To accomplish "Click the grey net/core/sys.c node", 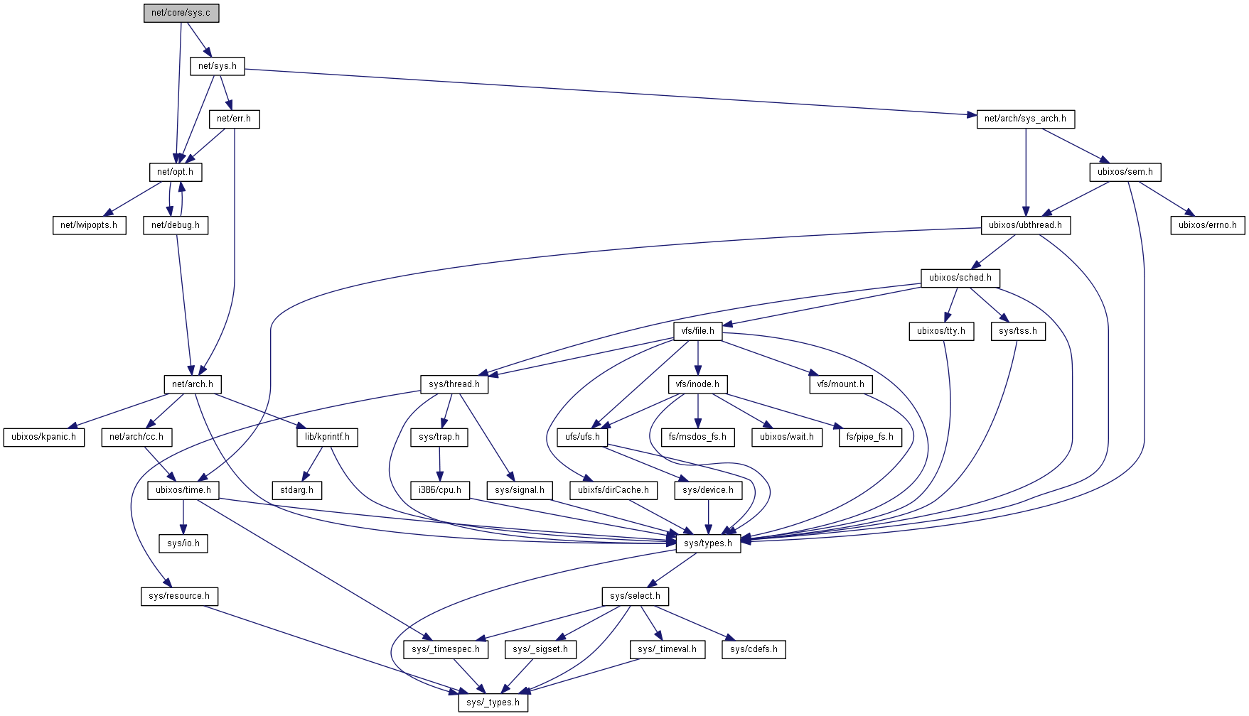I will tap(181, 13).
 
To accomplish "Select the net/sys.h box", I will tap(218, 66).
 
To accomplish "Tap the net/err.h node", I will tap(234, 119).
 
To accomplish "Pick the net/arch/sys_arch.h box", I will tap(1025, 119).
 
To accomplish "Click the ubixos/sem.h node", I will tap(1125, 172).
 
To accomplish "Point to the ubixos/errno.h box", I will tap(1207, 225).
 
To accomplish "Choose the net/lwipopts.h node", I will tap(89, 225).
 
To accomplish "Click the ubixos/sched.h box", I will tap(960, 278).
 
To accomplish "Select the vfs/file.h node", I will tap(697, 331).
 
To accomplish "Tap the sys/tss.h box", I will tap(1017, 331).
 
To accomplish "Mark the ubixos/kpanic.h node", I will tap(43, 437).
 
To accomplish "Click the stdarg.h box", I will tap(296, 490).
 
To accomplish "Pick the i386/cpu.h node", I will tap(440, 490).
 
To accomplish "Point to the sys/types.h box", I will tap(707, 543).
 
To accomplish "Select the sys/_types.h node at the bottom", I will tap(493, 703).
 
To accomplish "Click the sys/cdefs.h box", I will tap(754, 649).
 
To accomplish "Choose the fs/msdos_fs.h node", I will tap(697, 437).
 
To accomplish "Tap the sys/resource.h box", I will tap(179, 596).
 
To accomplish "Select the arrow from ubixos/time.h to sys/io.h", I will tap(183, 516).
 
